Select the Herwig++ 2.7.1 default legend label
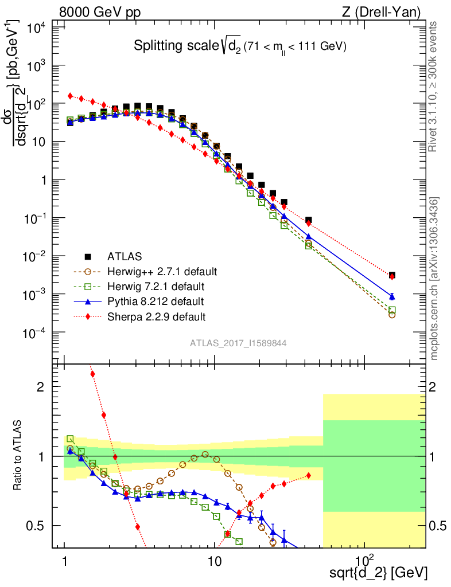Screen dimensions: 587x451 pos(162,271)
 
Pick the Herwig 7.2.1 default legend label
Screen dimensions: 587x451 pos(155,286)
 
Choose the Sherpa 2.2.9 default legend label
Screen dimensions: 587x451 pos(156,316)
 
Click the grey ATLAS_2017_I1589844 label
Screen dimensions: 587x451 pos(238,343)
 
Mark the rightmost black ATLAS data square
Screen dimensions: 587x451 pos(391,276)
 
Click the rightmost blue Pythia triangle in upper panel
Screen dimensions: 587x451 pos(391,296)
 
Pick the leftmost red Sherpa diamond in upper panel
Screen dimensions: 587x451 pos(70,96)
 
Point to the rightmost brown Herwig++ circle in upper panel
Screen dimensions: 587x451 pos(392,315)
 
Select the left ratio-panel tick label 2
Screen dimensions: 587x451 pos(41,387)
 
